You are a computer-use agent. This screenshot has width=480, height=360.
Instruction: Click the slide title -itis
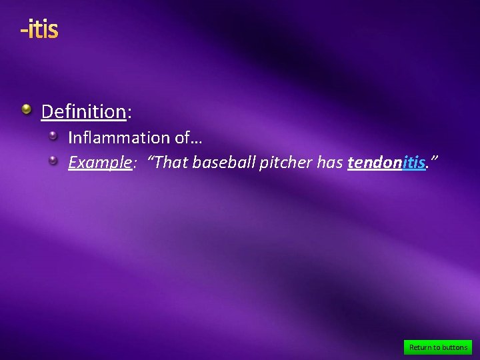pyautogui.click(x=39, y=29)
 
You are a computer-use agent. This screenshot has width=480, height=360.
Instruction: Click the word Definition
pyautogui.click(x=83, y=111)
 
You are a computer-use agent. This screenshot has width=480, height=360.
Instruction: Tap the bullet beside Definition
pyautogui.click(x=26, y=109)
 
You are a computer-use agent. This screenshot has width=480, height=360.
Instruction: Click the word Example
pyautogui.click(x=99, y=162)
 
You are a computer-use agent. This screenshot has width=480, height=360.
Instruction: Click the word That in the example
pyautogui.click(x=170, y=162)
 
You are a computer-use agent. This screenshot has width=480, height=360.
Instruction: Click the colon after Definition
pyautogui.click(x=129, y=112)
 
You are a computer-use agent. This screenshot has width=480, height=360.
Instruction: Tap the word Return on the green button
pyautogui.click(x=420, y=347)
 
